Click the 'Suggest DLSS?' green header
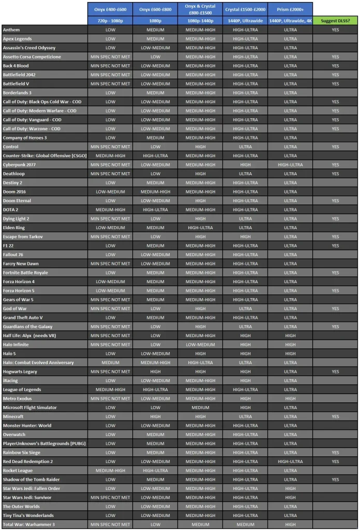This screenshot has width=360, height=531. (x=335, y=21)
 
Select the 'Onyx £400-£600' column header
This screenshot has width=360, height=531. (x=110, y=9)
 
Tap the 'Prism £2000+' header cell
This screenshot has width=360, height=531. (x=290, y=9)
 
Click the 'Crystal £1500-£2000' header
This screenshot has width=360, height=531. (x=245, y=9)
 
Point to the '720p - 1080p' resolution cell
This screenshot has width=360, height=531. (x=110, y=21)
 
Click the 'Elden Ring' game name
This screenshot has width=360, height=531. (x=14, y=228)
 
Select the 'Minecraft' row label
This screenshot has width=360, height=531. (x=13, y=416)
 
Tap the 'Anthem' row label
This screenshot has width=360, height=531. (x=11, y=30)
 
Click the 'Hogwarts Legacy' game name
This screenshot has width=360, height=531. (x=20, y=372)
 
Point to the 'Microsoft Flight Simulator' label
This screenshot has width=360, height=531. (x=30, y=408)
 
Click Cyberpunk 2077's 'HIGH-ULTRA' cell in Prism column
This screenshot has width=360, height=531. (x=290, y=165)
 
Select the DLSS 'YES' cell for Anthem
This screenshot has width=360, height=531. (x=335, y=30)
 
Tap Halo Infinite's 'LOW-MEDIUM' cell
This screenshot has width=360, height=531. (x=200, y=345)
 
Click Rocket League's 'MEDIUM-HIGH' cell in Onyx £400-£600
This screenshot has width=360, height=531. (x=110, y=470)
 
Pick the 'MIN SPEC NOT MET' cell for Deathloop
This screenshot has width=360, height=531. (x=110, y=174)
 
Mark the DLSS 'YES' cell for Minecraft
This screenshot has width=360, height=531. (x=335, y=416)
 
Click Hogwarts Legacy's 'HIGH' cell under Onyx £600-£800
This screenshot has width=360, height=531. (x=155, y=372)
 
